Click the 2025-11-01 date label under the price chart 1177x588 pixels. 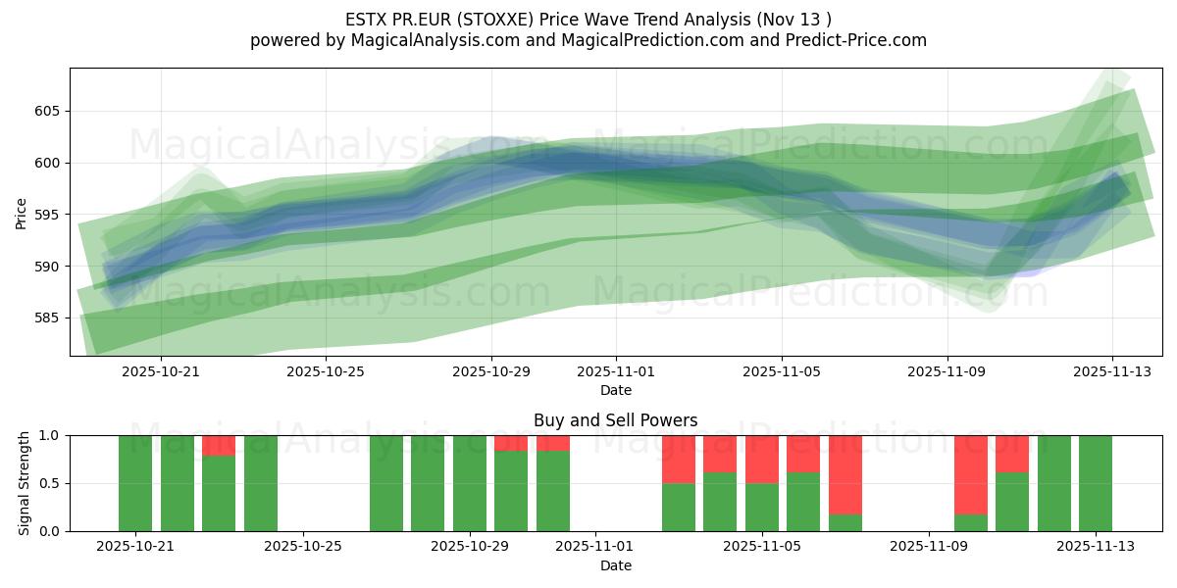click(616, 372)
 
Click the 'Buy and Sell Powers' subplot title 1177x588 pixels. click(615, 420)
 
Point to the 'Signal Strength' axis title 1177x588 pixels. click(24, 483)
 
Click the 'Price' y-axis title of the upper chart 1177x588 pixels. click(22, 212)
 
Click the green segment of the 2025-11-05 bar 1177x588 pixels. click(762, 507)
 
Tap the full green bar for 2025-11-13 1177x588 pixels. click(1096, 483)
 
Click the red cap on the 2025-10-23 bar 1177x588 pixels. click(219, 445)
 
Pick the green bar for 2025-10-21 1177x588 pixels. click(135, 483)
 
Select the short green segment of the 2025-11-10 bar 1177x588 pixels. click(971, 522)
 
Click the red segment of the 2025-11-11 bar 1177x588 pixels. click(1012, 453)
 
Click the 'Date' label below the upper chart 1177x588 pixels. click(615, 390)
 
